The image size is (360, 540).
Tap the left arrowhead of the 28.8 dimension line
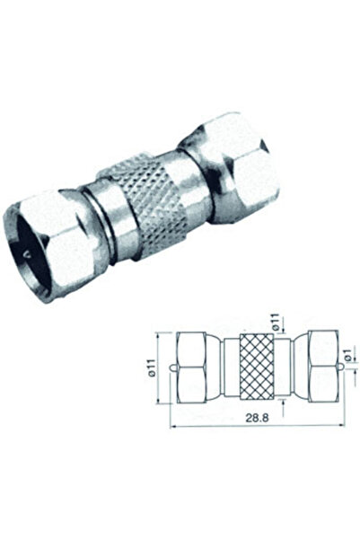pyautogui.click(x=171, y=425)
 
